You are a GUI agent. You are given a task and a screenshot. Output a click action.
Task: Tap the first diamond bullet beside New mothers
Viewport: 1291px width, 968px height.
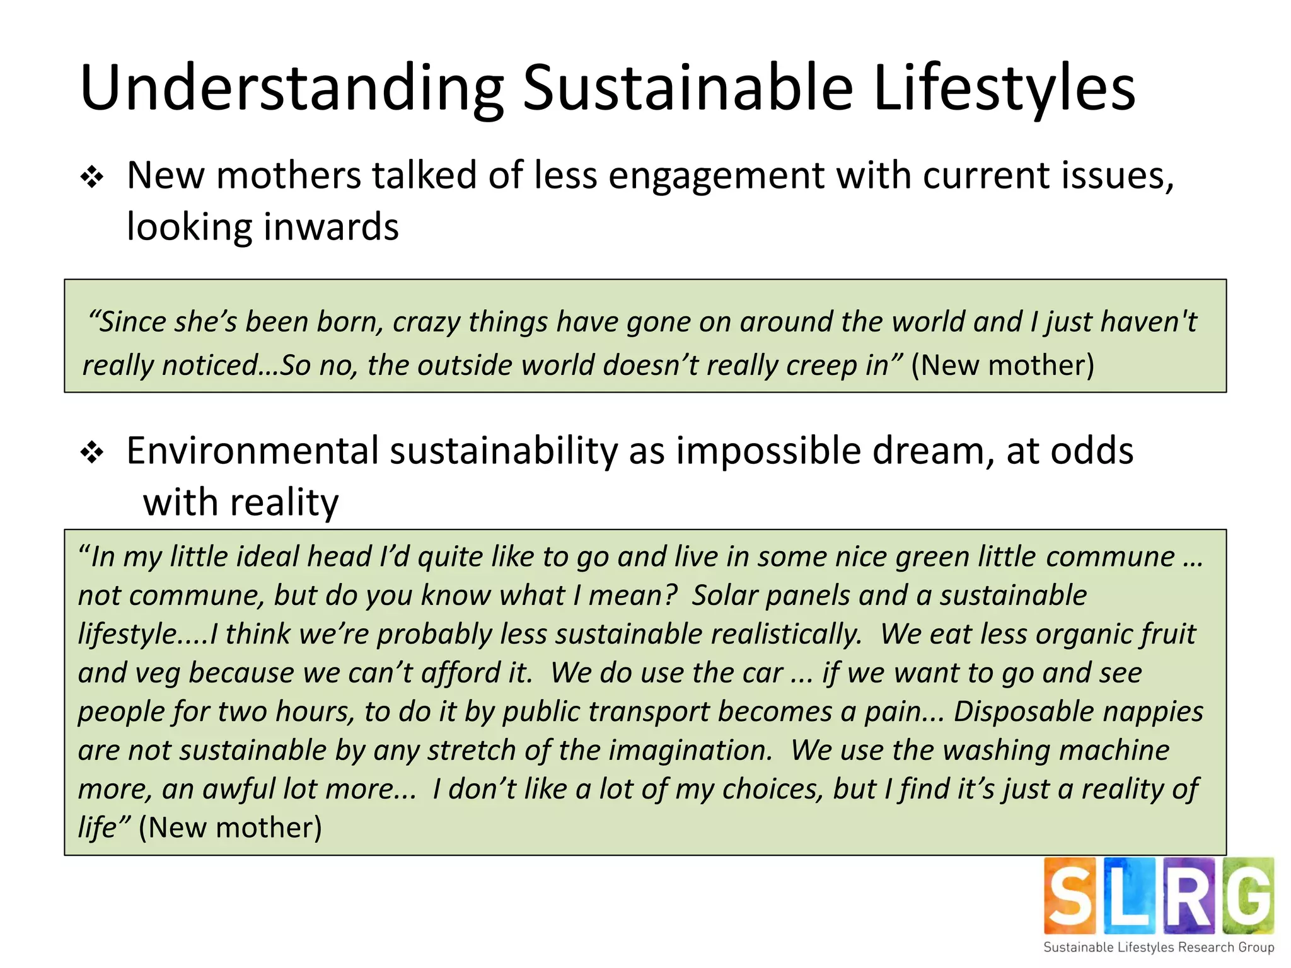click(92, 178)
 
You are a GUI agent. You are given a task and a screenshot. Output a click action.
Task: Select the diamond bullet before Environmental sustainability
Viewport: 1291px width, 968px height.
click(92, 452)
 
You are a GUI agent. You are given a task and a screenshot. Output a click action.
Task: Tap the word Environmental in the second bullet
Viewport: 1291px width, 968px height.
click(252, 451)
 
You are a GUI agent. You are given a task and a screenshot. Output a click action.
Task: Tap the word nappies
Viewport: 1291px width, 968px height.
click(1154, 712)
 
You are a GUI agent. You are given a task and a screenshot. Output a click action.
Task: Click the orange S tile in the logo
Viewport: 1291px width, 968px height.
click(1069, 896)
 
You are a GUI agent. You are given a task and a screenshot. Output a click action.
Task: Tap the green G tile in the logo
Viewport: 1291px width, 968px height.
click(1248, 896)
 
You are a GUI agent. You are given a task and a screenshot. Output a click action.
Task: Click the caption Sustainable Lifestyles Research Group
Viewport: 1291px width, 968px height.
click(1159, 947)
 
